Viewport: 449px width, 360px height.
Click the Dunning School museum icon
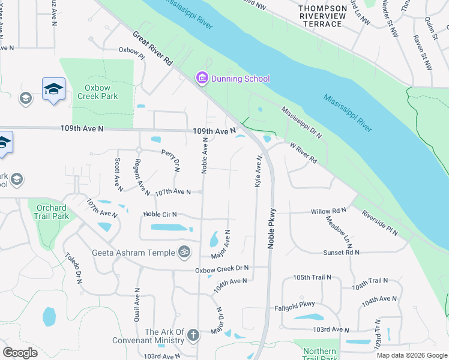tap(201, 79)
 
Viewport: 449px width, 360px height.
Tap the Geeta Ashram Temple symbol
tap(185, 252)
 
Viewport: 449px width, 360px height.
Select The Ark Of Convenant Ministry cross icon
tap(193, 335)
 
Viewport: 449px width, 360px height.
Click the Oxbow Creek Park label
tap(97, 92)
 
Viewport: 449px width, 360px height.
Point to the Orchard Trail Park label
tap(51, 211)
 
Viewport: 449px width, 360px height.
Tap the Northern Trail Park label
tap(319, 355)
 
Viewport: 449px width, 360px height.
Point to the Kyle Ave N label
tap(258, 172)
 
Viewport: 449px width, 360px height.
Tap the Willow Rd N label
tap(328, 212)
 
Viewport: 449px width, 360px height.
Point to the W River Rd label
tap(303, 154)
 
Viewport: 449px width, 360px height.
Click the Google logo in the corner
tap(20, 353)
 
